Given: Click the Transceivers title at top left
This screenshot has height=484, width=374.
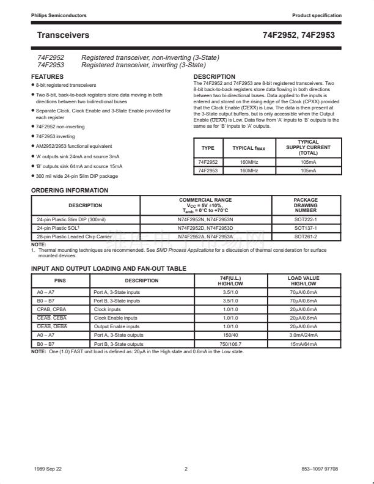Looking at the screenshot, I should (63, 35).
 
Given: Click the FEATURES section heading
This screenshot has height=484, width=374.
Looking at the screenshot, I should (47, 77).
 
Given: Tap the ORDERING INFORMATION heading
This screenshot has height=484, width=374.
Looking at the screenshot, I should (70, 190).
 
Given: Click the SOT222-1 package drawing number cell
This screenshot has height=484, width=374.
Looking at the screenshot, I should (306, 219).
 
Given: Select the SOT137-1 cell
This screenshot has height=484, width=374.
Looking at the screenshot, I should (306, 227).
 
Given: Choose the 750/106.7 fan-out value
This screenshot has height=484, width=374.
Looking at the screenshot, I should (231, 344).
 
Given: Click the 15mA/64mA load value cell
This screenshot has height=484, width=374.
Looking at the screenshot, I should (303, 344).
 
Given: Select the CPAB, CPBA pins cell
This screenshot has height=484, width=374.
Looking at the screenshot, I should (52, 309).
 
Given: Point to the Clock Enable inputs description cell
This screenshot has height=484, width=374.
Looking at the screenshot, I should (117, 318).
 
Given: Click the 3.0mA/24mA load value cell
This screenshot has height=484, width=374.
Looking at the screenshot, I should (303, 335).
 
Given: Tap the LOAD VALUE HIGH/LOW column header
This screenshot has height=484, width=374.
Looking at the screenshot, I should (303, 280).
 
